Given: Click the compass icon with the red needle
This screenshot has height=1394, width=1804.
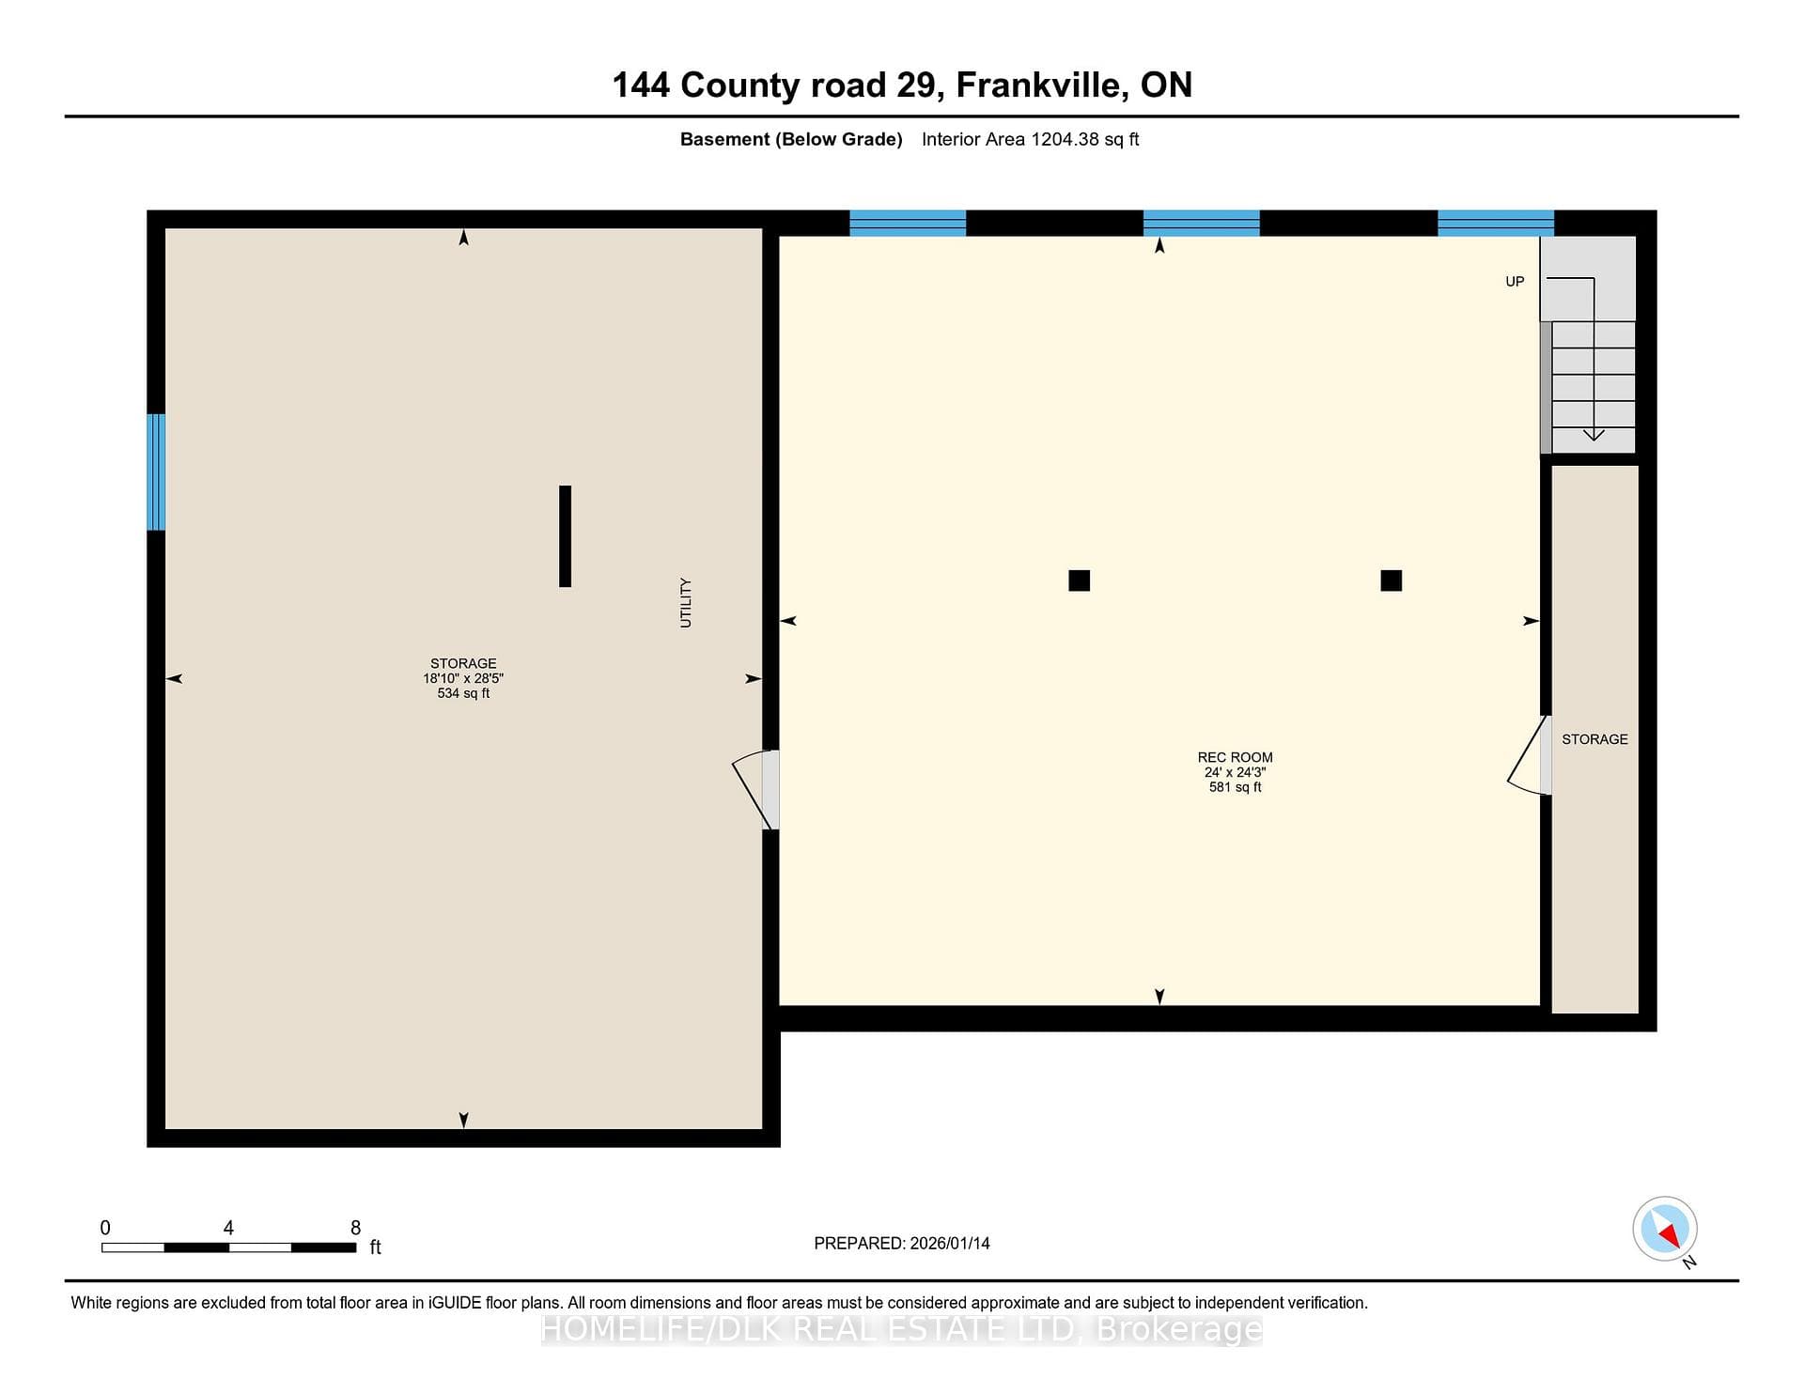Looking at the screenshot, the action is point(1665,1229).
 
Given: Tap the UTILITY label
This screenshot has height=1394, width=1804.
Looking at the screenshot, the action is point(686,603).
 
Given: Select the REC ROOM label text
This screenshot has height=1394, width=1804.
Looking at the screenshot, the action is point(1235,757).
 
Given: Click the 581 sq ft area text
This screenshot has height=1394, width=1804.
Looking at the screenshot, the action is point(1235,787).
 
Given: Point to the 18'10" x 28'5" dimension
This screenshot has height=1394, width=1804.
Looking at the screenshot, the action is point(463,678).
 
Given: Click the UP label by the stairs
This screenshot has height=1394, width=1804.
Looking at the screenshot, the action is point(1515,282).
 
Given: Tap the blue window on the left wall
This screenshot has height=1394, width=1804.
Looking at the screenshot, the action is point(156,472).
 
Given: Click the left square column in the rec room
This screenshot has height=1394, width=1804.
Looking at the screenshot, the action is point(1079,581).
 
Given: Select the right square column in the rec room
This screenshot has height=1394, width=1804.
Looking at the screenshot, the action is point(1392,581).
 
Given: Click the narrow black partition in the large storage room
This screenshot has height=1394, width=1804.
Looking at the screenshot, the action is point(565,536).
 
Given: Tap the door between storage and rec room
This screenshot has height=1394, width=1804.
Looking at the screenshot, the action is point(757,789).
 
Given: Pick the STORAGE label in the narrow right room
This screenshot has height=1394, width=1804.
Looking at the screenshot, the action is point(1594,739).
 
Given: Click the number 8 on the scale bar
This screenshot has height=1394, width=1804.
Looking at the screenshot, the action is point(355,1228).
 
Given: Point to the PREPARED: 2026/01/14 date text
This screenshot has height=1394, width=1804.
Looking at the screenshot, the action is point(902,1244).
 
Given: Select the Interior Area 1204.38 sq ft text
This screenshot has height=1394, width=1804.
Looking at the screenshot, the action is point(1030,139).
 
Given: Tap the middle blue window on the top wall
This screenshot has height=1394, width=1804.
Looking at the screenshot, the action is point(1201,223).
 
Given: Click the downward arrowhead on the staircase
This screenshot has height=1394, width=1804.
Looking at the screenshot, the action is point(1594,435).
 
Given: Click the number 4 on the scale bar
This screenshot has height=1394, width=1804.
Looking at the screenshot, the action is point(228,1228).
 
